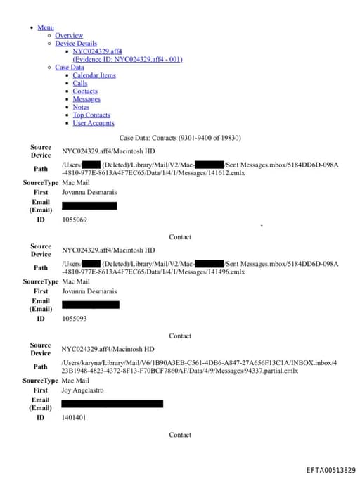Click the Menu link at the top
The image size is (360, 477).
tap(46, 27)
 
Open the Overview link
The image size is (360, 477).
tap(69, 35)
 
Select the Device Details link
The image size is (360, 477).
tap(76, 44)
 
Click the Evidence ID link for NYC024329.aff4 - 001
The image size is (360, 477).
tap(127, 59)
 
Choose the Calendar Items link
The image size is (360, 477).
tap(94, 75)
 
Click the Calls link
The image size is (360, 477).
tap(80, 83)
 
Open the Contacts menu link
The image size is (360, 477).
tap(85, 91)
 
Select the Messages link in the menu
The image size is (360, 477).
tap(86, 99)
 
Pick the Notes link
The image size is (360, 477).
tap(81, 107)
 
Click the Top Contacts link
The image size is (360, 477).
tap(91, 115)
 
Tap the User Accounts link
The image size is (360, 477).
tap(94, 123)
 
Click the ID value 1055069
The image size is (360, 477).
tap(75, 220)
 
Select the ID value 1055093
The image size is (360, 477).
tap(75, 319)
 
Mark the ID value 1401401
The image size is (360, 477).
tap(74, 417)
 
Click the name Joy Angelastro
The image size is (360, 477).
tap(87, 390)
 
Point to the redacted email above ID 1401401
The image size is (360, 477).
tap(112, 404)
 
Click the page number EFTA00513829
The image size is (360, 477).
tap(330, 470)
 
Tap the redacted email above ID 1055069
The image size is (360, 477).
tap(89, 205)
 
